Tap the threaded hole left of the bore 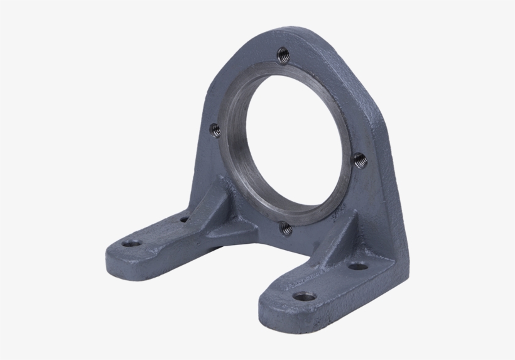click(215, 130)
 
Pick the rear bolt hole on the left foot click(184, 220)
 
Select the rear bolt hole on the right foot click(357, 267)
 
